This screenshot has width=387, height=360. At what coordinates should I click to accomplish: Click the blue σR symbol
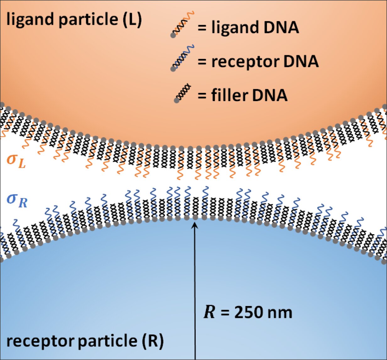tap(17, 201)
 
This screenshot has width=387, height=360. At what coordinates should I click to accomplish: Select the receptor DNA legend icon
tap(183, 58)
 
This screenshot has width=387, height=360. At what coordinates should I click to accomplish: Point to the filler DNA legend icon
tap(182, 93)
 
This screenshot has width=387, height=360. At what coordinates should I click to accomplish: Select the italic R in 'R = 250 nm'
tap(209, 313)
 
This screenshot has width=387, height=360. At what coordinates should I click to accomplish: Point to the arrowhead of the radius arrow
tap(195, 225)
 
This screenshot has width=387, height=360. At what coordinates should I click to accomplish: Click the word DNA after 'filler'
tap(270, 95)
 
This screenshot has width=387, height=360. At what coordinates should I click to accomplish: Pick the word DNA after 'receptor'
tap(301, 62)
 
